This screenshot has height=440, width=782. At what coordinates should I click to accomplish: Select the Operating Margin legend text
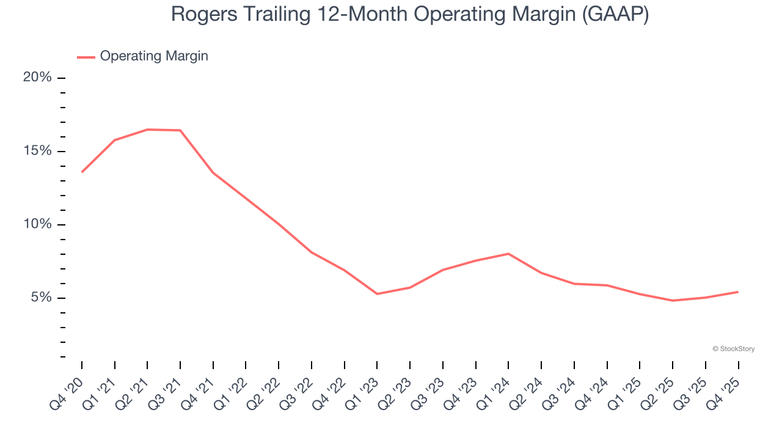coord(154,56)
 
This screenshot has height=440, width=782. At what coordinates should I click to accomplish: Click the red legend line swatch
coord(86,57)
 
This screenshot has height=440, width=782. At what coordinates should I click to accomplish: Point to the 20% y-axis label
coord(37,78)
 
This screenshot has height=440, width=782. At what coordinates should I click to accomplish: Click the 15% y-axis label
coord(37,151)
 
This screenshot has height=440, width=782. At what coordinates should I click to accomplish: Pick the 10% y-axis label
coord(37,224)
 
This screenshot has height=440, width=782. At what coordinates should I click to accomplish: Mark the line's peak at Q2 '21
coord(147,130)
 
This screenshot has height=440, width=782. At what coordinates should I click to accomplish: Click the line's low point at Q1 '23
coord(377,294)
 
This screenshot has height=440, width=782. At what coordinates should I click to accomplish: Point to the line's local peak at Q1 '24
coord(508,254)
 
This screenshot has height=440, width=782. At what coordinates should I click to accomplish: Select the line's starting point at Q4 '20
coord(82,172)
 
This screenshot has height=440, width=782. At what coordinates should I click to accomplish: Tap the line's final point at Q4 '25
coord(738,291)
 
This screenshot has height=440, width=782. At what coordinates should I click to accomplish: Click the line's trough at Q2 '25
coord(673,301)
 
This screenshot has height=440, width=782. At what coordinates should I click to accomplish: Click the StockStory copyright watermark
coord(733,349)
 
